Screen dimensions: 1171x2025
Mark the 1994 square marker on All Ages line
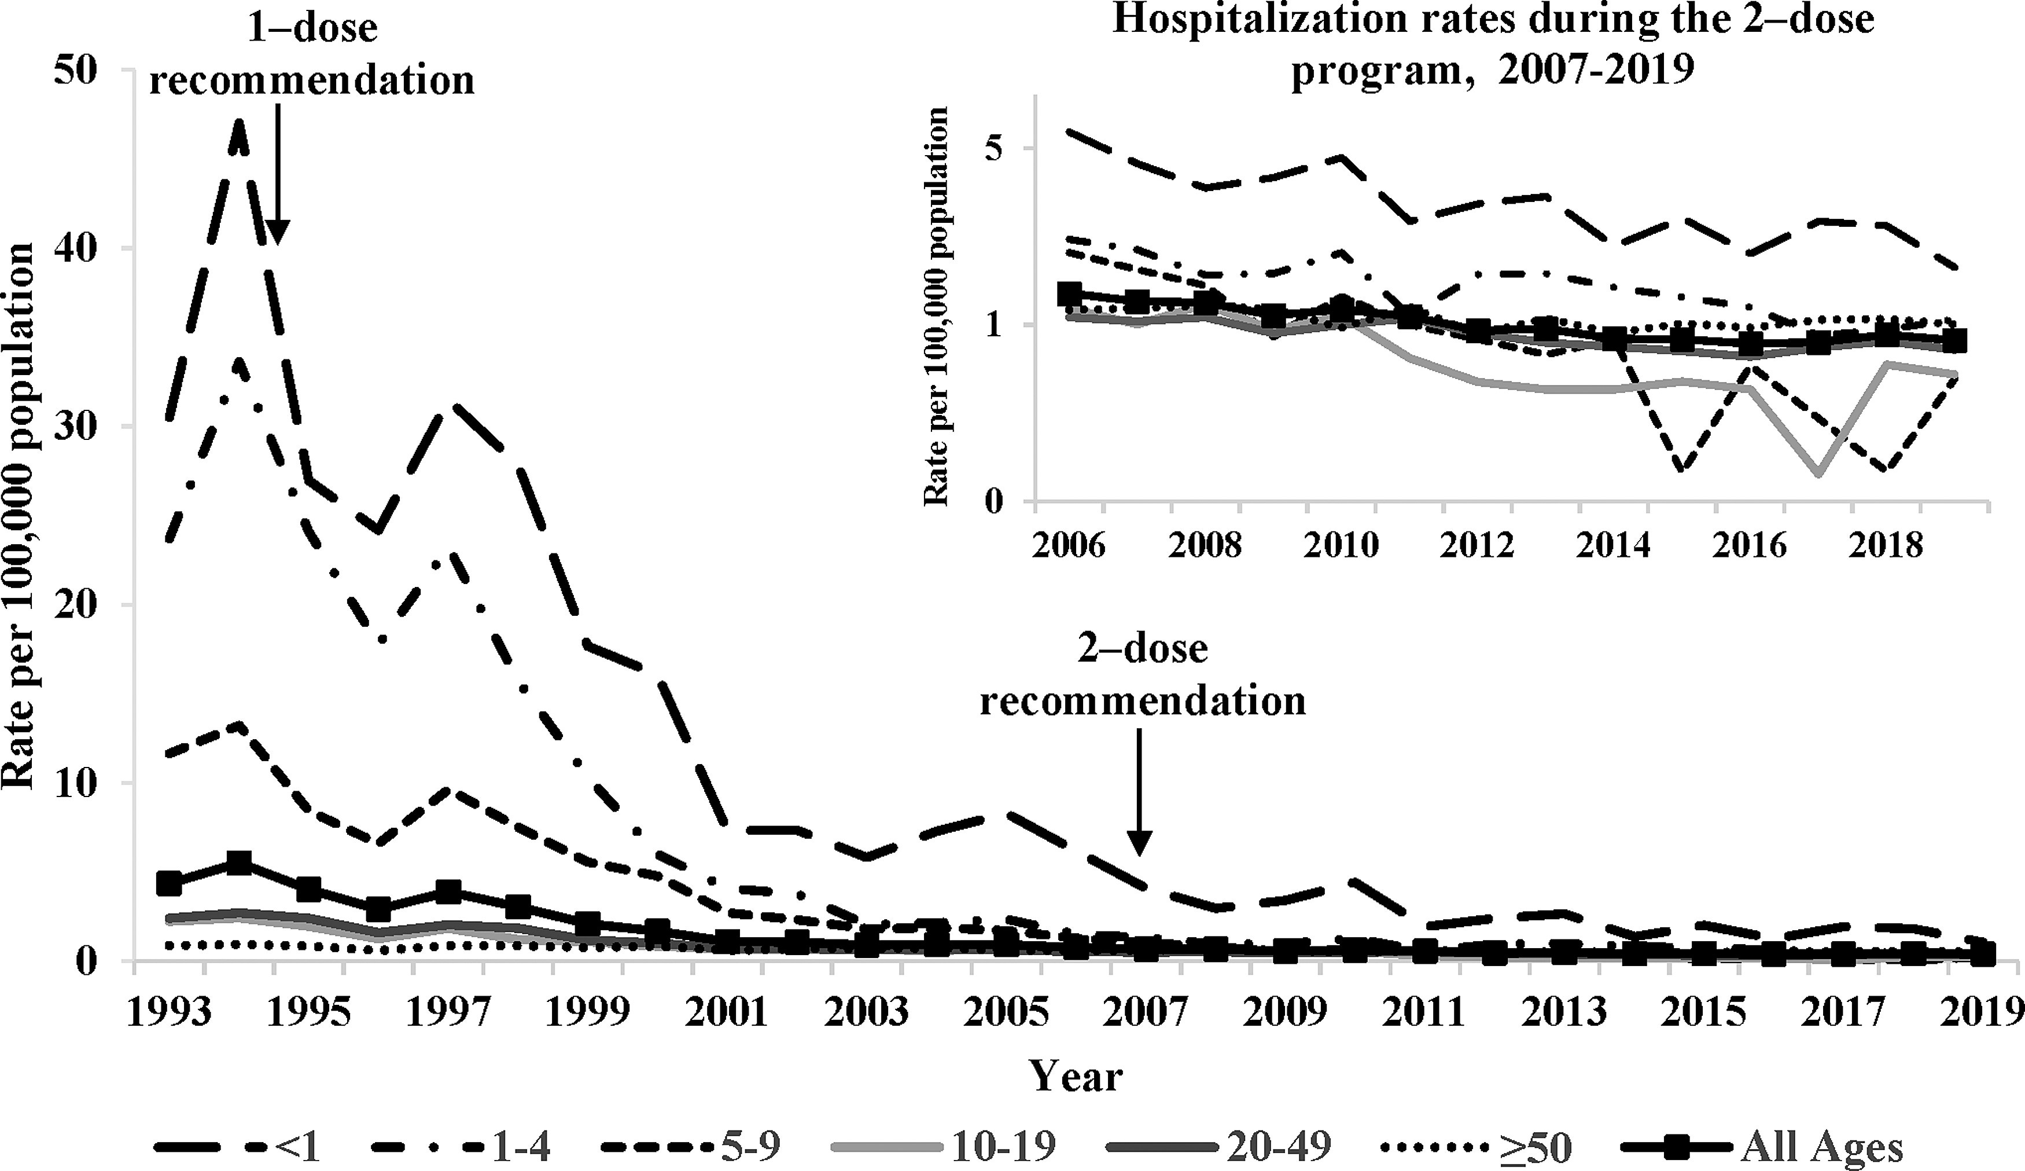tap(238, 864)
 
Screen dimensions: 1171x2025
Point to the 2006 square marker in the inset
tap(1070, 294)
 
